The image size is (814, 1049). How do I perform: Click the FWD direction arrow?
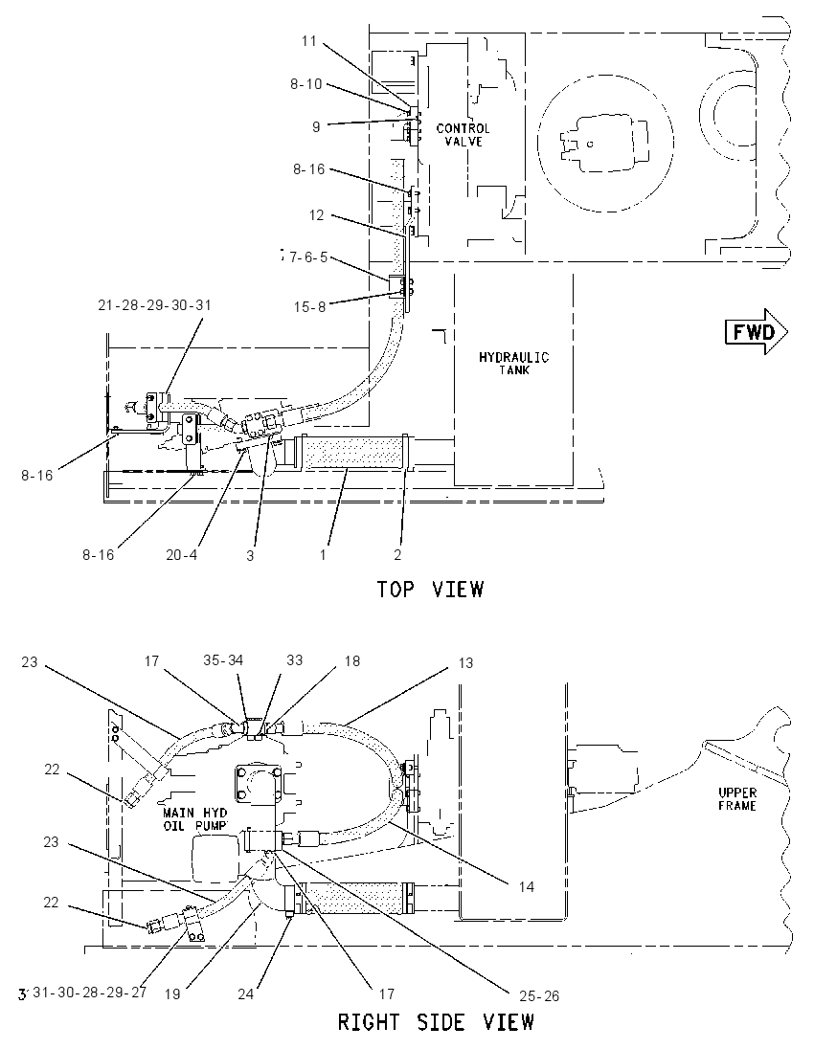(757, 331)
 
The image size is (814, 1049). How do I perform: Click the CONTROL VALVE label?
(463, 134)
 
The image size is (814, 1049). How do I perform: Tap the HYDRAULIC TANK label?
(513, 363)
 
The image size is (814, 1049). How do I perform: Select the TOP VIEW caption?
(430, 590)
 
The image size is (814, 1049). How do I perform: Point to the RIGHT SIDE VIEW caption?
(436, 1022)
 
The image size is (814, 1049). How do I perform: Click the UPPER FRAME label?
(737, 799)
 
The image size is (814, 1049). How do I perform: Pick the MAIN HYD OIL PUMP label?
(194, 819)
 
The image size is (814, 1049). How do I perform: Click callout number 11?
(308, 41)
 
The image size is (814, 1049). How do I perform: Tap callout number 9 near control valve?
(316, 126)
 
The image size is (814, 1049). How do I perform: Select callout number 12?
(317, 214)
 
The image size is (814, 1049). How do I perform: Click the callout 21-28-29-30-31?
(154, 305)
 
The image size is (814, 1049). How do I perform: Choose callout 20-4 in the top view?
(182, 554)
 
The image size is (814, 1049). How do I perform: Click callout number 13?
(465, 662)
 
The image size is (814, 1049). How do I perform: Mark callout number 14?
(526, 886)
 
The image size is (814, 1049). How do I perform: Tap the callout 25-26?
(539, 996)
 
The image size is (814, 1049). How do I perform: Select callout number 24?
(246, 994)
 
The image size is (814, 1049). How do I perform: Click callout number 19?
(172, 994)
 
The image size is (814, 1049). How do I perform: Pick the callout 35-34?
(223, 660)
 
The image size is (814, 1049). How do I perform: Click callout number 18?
(351, 661)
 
